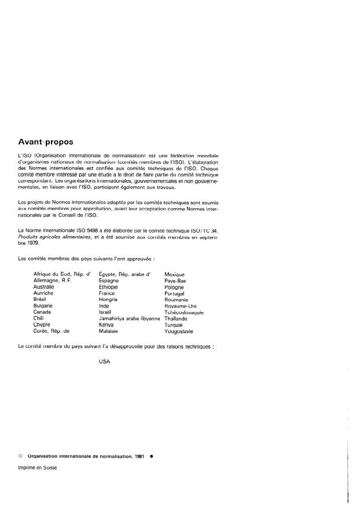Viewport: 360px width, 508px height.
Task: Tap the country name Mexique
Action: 175,273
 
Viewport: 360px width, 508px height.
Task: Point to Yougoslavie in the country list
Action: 179,332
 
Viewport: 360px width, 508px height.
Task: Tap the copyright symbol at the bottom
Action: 21,455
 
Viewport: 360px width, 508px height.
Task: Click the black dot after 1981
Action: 151,455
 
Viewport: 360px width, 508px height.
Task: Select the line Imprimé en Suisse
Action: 38,469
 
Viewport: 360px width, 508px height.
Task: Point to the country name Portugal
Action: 177,293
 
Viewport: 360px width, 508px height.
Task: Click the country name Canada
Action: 43,312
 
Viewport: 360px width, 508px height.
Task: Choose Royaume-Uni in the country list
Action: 181,305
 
